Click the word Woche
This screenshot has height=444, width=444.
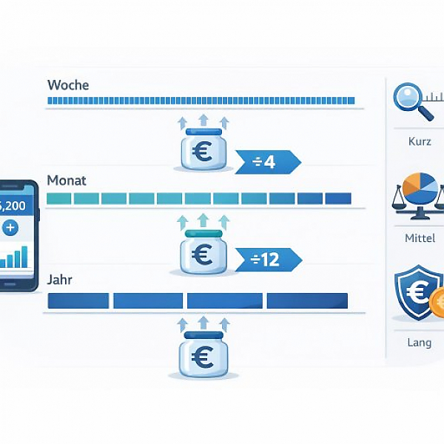(67, 85)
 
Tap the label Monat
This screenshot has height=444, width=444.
(67, 180)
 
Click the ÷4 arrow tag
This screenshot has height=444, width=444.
(265, 161)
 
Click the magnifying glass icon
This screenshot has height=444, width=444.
(408, 100)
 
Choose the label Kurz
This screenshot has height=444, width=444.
(420, 141)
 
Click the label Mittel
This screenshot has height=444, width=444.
(420, 238)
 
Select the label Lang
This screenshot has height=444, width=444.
(420, 343)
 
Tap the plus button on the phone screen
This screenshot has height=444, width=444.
(10, 227)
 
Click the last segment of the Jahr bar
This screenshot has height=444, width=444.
(307, 301)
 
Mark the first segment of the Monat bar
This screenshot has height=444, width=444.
(58, 198)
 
